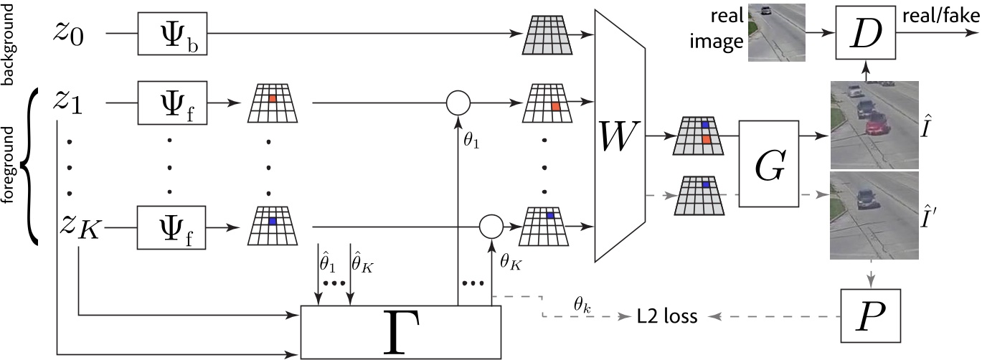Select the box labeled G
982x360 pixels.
tap(770, 164)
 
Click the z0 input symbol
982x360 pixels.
tap(72, 33)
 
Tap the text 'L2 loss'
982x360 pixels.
tap(666, 316)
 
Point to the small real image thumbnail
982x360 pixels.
tap(776, 33)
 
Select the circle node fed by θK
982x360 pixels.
tap(491, 226)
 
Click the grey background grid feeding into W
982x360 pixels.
tap(549, 34)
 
